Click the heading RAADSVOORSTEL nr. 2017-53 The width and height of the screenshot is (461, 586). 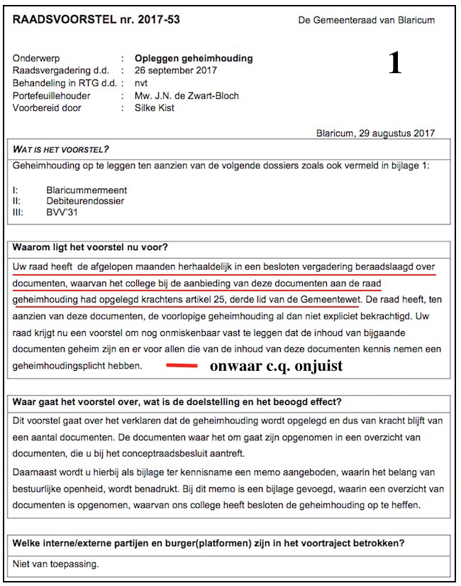[x=96, y=20]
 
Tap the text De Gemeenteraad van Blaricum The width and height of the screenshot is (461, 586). [x=367, y=21]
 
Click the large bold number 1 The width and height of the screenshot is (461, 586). [x=395, y=63]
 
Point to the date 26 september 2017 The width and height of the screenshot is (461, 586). [x=176, y=70]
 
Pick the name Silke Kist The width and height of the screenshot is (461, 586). [x=154, y=108]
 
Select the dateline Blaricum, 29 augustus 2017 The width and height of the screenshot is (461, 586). [x=375, y=134]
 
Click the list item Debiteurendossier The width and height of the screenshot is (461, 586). [x=85, y=201]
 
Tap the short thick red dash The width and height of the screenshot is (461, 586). [x=182, y=367]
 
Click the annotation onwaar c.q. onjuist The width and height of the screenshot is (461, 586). [x=276, y=367]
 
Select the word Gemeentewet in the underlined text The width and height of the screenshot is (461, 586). [x=331, y=299]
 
